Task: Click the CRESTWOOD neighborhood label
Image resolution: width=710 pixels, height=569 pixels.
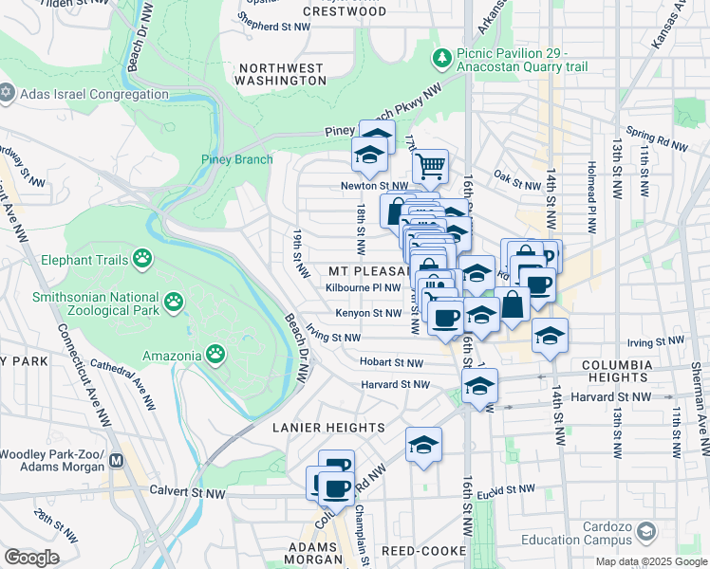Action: pos(345,11)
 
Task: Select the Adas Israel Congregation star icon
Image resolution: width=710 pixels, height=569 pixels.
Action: pos(8,92)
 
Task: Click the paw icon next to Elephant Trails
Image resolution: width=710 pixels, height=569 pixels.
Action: pos(142,258)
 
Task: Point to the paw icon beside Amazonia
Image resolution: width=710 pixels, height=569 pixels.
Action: pos(216,356)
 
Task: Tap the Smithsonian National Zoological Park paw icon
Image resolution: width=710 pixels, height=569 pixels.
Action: pos(174,303)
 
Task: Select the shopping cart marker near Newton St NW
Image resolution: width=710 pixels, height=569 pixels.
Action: pos(430,168)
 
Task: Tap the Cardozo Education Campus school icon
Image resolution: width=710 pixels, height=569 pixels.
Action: pos(647,530)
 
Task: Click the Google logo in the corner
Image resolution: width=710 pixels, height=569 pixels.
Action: pos(32,558)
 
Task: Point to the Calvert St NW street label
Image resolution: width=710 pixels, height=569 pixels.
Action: pos(188,491)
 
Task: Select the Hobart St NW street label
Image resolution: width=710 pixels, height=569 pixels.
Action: pos(391,362)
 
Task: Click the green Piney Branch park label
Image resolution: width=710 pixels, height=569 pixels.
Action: pos(236,159)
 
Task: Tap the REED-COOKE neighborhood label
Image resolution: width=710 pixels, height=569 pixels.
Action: pos(423,550)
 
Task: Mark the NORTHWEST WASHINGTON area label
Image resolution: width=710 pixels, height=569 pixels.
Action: pos(282,75)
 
